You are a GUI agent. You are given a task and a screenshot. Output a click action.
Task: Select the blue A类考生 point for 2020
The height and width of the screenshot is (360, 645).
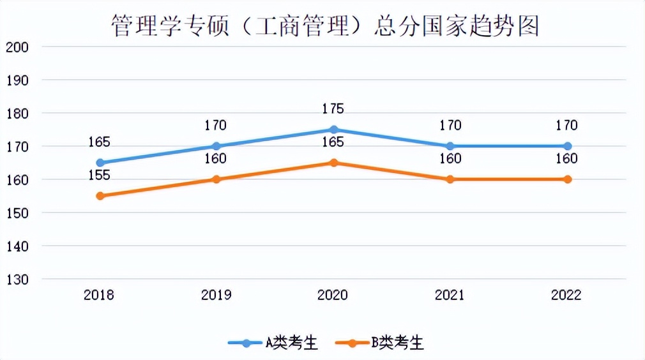[333, 130]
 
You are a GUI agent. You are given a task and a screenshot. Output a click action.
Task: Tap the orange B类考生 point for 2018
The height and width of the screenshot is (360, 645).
[100, 196]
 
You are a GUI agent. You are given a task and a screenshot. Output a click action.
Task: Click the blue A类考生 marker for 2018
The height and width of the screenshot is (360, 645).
[100, 163]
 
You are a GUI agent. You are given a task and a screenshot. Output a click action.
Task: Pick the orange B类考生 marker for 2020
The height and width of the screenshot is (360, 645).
[333, 163]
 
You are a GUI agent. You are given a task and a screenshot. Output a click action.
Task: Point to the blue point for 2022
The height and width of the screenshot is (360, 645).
[567, 146]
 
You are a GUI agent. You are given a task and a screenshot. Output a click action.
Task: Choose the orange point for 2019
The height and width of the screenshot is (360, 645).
[216, 179]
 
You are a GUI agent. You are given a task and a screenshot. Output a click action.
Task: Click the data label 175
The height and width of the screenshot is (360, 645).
[333, 109]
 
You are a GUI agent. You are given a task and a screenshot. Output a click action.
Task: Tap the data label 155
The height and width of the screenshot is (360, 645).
[99, 176]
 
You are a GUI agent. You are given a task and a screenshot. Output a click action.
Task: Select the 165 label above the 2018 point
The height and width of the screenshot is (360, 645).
[99, 142]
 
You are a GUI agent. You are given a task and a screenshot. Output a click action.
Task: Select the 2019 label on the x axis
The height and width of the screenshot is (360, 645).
[216, 295]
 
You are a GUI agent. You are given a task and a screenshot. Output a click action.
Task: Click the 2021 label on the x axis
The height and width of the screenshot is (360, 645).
[450, 295]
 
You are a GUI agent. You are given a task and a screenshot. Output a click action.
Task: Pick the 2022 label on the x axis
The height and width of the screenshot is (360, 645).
[566, 295]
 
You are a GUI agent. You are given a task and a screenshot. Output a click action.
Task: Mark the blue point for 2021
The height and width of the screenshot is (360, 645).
[450, 146]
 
